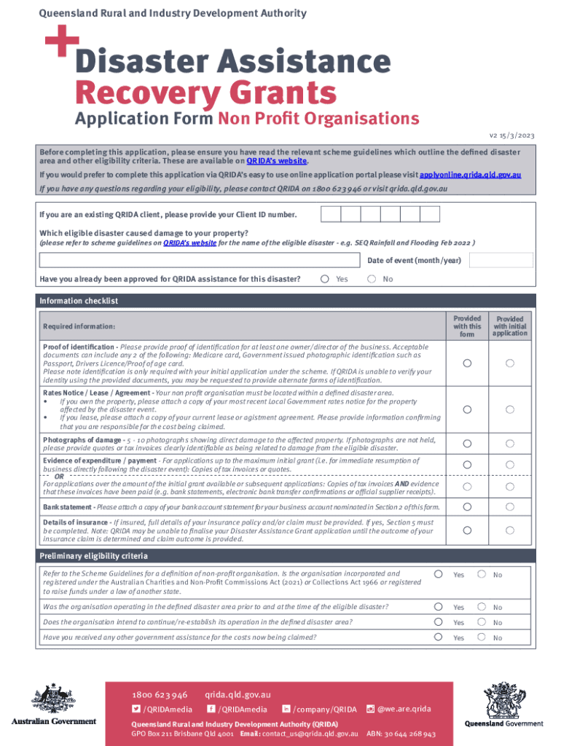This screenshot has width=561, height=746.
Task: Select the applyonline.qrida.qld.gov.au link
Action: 470,176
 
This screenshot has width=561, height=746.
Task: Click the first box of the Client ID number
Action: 331,214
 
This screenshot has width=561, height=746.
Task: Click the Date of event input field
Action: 501,260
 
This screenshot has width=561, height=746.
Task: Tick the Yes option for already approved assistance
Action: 324,279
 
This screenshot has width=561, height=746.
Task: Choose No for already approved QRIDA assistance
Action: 372,279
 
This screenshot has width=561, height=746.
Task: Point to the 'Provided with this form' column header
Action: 467,326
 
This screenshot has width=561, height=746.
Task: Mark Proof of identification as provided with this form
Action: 467,363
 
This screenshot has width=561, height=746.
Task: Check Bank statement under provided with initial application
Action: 510,506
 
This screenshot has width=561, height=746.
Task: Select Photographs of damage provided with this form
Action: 467,443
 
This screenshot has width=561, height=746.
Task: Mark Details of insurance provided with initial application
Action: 510,530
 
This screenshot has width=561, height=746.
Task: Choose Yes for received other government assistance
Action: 438,637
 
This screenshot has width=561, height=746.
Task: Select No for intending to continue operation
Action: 482,621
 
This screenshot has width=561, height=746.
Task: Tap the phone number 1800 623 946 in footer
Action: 160,695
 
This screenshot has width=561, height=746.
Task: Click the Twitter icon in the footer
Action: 136,709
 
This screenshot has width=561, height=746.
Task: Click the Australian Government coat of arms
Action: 53,703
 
